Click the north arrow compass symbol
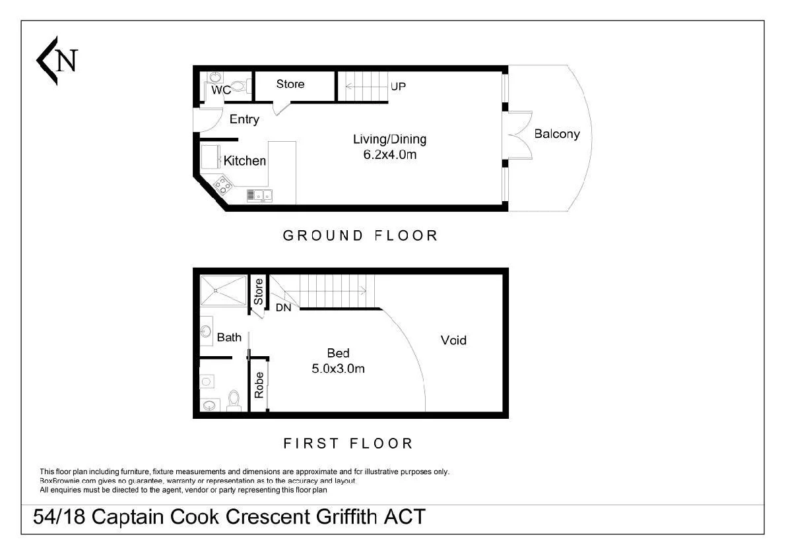click(x=57, y=61)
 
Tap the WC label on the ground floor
click(x=221, y=90)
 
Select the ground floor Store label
click(x=290, y=84)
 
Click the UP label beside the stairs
click(x=398, y=86)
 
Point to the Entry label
click(x=244, y=119)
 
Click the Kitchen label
click(x=245, y=161)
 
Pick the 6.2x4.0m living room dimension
click(x=389, y=155)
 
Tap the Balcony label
click(x=557, y=134)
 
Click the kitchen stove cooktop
click(x=222, y=185)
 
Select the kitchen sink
click(x=259, y=195)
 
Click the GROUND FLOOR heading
click(x=360, y=235)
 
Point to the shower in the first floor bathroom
click(x=224, y=290)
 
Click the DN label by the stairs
click(x=284, y=307)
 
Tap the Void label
click(x=453, y=340)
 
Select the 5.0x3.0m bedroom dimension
click(x=339, y=369)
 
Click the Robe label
click(x=259, y=385)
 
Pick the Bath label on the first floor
click(x=229, y=338)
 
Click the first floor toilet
click(x=234, y=400)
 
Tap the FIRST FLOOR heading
click(x=348, y=444)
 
